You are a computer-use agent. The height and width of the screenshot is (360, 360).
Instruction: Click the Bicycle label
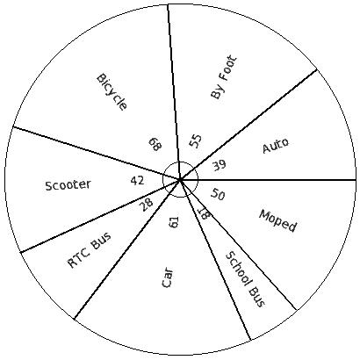coord(112,92)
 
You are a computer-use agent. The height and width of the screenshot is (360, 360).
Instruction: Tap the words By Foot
coord(223,77)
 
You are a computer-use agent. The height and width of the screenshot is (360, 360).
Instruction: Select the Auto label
coord(276,145)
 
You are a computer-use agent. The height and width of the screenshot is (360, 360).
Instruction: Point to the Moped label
coord(278,220)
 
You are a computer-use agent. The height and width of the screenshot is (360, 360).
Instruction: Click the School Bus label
coord(245,279)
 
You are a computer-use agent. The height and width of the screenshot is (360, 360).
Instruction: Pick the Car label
coord(168,277)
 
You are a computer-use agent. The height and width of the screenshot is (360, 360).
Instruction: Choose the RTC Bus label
coord(90,250)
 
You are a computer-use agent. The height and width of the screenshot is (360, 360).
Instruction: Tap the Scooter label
coord(68,185)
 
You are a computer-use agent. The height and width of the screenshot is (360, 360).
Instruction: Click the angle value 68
coord(155,144)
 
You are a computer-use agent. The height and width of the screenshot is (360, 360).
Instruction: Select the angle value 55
coord(195,141)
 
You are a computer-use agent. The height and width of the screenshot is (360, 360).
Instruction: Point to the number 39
coord(220,165)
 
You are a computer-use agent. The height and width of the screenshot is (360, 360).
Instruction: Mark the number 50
coord(218,194)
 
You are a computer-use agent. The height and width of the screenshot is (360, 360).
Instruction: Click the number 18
coord(204,213)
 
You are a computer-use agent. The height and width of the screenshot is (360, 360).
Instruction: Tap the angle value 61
coord(174,222)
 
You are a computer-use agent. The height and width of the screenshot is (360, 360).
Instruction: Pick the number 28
coord(147,205)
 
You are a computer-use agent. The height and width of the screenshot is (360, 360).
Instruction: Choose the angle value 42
coord(137,181)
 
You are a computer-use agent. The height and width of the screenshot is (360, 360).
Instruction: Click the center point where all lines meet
coord(180,179)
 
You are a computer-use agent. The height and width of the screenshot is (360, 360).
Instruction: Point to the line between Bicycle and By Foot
coord(174,91)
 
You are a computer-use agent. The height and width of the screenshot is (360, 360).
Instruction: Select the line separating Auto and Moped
coord(268,179)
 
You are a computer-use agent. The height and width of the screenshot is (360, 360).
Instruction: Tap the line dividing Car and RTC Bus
coord(127,249)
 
